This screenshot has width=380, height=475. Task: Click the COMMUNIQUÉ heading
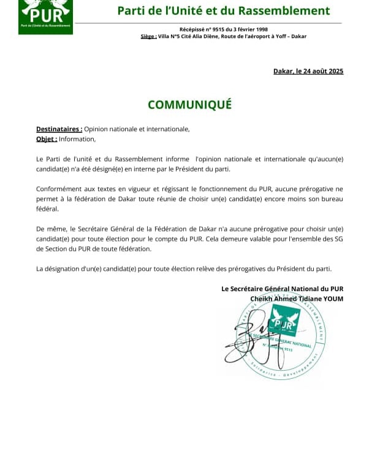point(189,104)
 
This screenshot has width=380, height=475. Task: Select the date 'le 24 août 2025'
point(319,71)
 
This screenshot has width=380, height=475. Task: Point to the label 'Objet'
point(46,139)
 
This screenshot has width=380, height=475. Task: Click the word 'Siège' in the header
point(148,36)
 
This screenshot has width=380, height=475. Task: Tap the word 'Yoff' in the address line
point(280,36)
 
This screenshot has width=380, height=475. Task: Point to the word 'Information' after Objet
point(77,139)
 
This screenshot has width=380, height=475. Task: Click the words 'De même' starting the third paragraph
point(50,229)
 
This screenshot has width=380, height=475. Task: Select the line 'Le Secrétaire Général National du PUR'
point(282,289)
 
